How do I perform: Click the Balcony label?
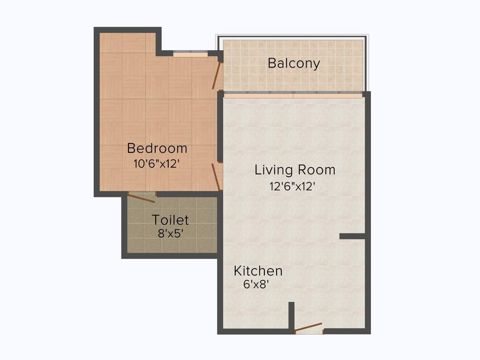[x=294, y=63]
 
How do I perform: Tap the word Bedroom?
[x=157, y=149]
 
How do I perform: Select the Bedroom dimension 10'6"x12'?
[x=157, y=164]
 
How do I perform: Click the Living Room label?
[x=295, y=170]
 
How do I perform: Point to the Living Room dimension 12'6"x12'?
[x=292, y=186]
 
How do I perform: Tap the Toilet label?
[x=170, y=220]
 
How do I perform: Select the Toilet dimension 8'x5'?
[x=170, y=233]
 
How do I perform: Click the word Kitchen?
[x=258, y=271]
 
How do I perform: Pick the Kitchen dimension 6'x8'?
[x=255, y=284]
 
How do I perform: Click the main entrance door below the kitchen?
[x=308, y=327]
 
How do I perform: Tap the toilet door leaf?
[x=141, y=198]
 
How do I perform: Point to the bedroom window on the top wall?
[x=190, y=54]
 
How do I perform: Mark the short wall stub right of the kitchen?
[x=352, y=236]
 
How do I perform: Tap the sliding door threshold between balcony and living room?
[x=293, y=95]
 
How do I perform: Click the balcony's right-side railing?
[x=366, y=63]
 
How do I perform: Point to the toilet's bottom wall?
[x=170, y=256]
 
